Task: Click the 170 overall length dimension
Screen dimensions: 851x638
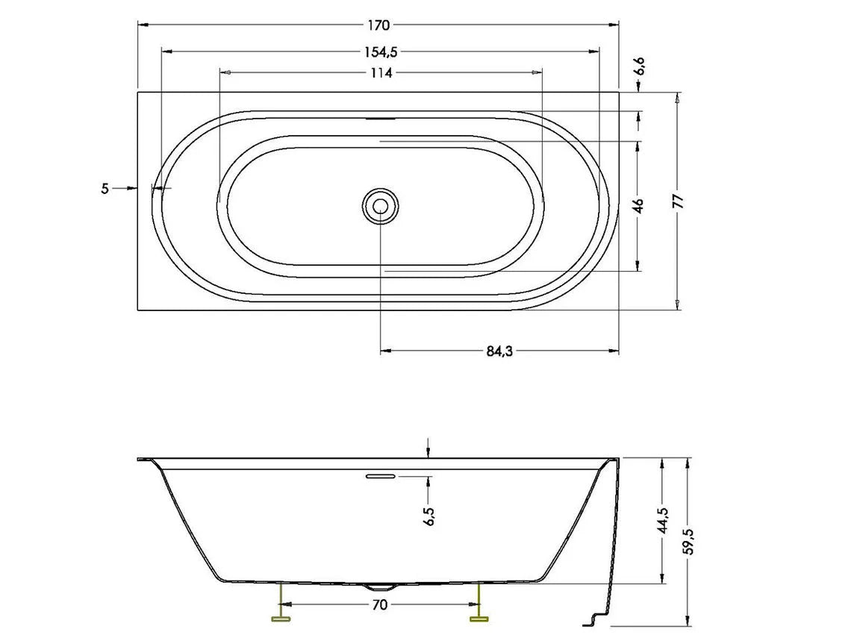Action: [378, 25]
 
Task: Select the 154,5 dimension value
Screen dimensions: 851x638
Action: [381, 52]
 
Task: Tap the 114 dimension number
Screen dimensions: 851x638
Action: [381, 72]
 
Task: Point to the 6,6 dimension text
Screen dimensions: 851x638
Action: [640, 66]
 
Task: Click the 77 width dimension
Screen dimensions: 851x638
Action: [679, 201]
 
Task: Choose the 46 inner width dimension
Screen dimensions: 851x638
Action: [639, 206]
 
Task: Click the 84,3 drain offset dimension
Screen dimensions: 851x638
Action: [499, 351]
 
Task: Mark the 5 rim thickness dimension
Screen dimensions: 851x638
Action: [105, 189]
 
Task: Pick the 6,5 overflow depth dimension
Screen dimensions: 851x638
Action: [430, 516]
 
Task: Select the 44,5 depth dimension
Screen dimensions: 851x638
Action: [663, 521]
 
